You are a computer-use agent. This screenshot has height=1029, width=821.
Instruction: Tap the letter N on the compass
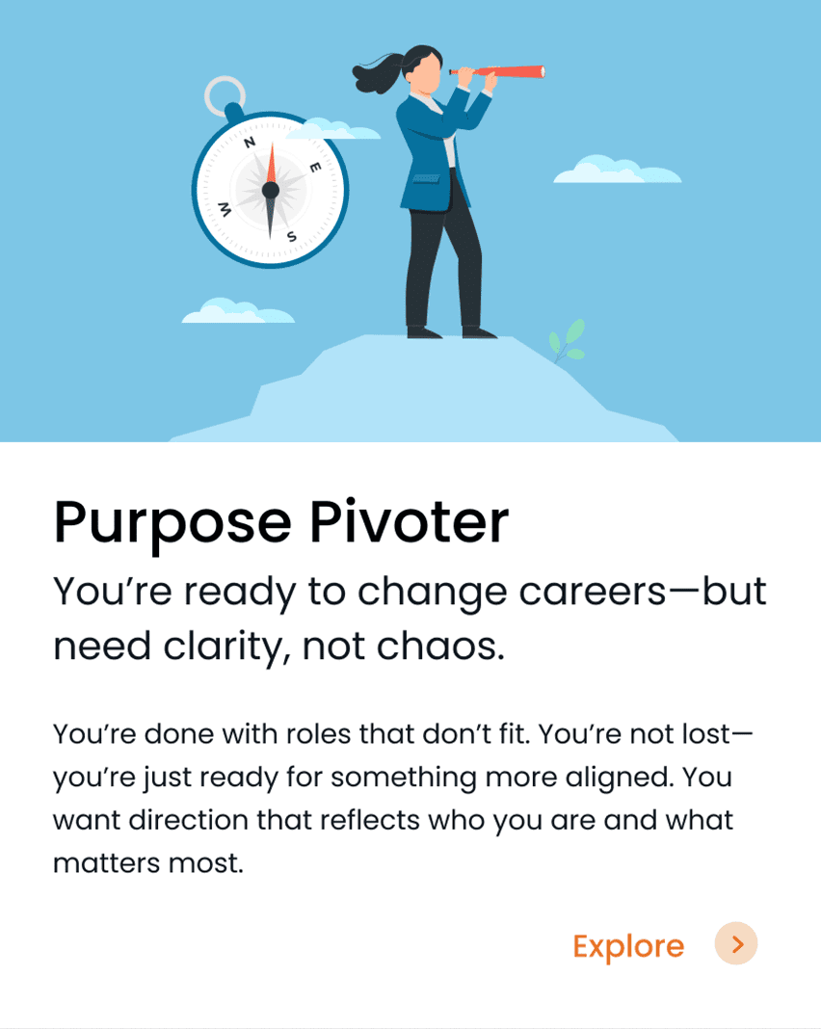tap(250, 143)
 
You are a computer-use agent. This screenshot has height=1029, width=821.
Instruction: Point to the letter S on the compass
tap(291, 236)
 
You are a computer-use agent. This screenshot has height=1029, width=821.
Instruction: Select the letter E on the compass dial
tap(316, 168)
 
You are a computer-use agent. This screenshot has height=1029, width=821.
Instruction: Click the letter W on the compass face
tap(225, 209)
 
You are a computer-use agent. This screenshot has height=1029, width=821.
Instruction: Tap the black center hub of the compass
tap(271, 191)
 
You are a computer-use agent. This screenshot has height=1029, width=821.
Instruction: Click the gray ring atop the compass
tap(225, 95)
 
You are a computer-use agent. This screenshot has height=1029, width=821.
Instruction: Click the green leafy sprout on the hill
tap(567, 341)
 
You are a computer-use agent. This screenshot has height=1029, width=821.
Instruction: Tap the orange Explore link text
tap(628, 946)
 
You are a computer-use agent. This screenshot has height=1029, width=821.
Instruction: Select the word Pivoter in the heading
tap(409, 521)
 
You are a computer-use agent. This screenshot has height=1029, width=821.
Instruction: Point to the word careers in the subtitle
tap(593, 592)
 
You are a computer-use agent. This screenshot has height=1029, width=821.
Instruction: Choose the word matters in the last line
tap(107, 863)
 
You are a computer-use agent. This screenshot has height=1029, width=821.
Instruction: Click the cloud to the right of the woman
tap(618, 170)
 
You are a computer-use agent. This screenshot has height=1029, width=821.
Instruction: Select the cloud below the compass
tap(238, 311)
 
